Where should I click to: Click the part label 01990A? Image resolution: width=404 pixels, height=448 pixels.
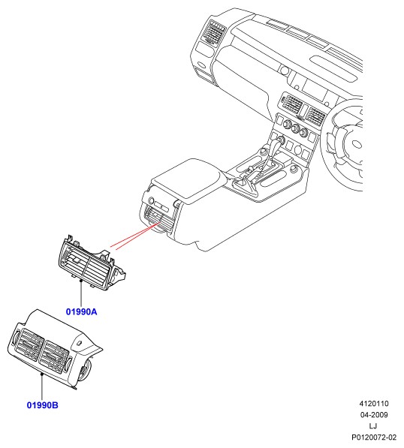[82, 311]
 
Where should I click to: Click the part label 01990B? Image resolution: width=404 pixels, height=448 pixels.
[42, 405]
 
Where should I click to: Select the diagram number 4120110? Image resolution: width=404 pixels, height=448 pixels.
[374, 404]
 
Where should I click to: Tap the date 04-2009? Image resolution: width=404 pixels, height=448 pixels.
[374, 415]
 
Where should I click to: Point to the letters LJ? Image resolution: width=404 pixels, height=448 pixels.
[373, 426]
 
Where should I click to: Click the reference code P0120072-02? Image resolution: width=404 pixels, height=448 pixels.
[374, 437]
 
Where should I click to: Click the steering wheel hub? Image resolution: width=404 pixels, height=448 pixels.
[356, 143]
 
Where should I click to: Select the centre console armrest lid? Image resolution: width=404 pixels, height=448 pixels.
[187, 179]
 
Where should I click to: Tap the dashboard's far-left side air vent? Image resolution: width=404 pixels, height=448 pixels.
[213, 32]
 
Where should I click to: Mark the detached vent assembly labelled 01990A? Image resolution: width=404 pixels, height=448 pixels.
[91, 263]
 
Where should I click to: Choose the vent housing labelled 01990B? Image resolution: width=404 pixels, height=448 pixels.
[54, 349]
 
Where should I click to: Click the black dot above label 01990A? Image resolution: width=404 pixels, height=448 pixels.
[81, 281]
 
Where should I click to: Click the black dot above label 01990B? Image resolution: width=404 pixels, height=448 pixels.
[42, 374]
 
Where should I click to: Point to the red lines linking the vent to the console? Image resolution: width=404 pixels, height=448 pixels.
[135, 236]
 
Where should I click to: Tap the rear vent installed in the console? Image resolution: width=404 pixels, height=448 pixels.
[159, 218]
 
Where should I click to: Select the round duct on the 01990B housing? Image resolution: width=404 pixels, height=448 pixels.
[84, 371]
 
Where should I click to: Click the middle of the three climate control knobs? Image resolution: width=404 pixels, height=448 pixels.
[295, 128]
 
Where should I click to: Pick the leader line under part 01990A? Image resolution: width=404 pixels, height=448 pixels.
[81, 294]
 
